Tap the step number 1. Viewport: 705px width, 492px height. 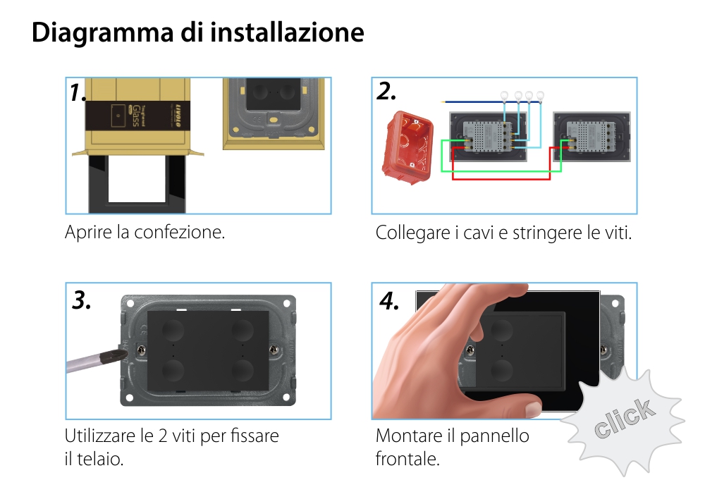coord(78,93)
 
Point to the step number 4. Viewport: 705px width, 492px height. coord(389,301)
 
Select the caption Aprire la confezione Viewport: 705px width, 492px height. coord(145,232)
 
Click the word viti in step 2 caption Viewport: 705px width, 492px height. coord(618,233)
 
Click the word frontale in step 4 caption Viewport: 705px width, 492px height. coord(407,460)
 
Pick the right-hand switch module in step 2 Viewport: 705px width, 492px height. coord(591,137)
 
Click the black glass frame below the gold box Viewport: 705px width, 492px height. coord(137,183)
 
